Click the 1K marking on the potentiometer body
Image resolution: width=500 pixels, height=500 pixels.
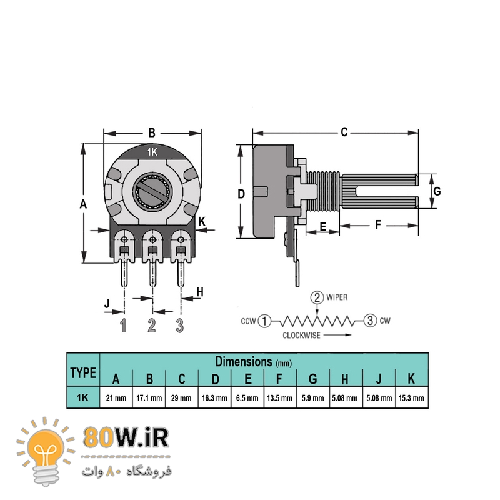click(152, 152)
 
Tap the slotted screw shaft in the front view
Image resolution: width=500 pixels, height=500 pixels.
click(152, 191)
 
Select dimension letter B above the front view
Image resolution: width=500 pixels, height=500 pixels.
click(152, 133)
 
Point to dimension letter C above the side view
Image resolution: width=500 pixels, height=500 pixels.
click(344, 132)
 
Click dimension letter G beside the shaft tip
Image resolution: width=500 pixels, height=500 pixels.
click(437, 191)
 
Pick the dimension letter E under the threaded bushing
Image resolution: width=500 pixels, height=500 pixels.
click(322, 227)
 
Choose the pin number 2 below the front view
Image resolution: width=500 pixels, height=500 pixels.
click(152, 325)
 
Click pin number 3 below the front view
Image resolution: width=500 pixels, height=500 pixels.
click(180, 326)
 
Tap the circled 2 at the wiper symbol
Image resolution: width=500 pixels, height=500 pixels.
click(317, 297)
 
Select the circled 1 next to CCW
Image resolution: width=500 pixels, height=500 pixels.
click(264, 321)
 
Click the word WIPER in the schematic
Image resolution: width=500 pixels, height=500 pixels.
click(337, 297)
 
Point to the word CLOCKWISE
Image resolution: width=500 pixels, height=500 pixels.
click(301, 336)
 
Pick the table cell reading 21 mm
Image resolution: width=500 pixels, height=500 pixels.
click(116, 398)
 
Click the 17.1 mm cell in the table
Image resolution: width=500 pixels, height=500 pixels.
click(149, 398)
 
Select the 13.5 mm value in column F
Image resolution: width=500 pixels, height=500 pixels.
click(279, 398)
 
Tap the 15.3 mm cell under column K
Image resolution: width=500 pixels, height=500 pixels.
click(411, 398)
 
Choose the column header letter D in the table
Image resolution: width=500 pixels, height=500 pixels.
click(215, 379)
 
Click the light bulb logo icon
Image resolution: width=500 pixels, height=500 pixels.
click(46, 451)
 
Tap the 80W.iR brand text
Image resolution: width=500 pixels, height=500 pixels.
click(126, 438)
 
